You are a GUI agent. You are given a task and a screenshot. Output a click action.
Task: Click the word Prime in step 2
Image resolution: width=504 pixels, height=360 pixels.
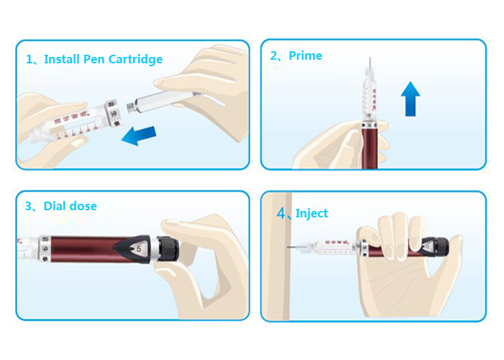tap(305, 55)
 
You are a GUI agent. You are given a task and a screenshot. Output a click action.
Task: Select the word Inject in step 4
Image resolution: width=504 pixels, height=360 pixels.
tap(312, 213)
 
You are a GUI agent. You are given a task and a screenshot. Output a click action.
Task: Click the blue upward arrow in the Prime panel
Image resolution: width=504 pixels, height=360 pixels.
tap(410, 98)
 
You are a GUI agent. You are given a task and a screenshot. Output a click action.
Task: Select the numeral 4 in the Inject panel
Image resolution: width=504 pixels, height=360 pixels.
tap(282, 213)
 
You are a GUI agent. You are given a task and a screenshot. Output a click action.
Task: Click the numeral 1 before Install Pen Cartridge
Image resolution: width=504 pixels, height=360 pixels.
tap(30, 59)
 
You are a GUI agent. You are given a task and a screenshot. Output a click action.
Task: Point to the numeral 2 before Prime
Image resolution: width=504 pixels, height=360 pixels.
tap(274, 55)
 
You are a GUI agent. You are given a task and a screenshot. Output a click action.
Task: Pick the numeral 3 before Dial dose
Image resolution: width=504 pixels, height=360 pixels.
tap(29, 206)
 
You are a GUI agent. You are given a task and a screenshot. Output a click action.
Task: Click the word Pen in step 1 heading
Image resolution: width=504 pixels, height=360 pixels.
tap(92, 59)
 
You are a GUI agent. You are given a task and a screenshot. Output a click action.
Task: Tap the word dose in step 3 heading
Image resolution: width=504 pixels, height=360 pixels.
tap(82, 206)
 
